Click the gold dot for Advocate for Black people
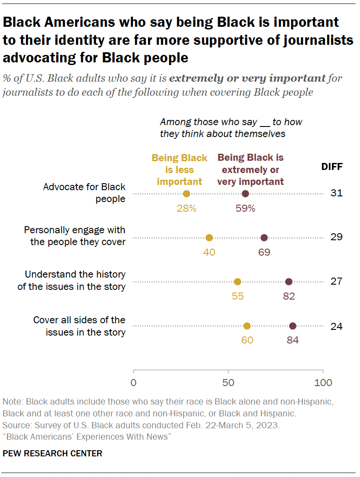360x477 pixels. [187, 194]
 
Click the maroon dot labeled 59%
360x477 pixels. [245, 194]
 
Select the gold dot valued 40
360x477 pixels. [209, 238]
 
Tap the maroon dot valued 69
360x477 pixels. [264, 238]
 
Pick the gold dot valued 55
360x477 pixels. [238, 282]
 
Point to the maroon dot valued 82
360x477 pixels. [289, 282]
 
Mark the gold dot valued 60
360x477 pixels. [247, 326]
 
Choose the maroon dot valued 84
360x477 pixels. [293, 326]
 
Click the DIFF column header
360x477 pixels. [332, 167]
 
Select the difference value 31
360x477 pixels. [336, 193]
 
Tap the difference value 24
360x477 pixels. [336, 326]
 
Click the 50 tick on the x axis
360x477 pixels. [228, 383]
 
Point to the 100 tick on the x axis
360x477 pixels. [324, 383]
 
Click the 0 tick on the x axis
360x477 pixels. [133, 383]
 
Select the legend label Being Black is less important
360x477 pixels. [180, 170]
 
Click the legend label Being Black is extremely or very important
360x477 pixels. [251, 169]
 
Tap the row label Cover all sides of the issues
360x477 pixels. [79, 326]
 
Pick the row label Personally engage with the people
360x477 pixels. [75, 236]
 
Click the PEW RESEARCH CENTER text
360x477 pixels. [52, 454]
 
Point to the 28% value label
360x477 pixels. [187, 208]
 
